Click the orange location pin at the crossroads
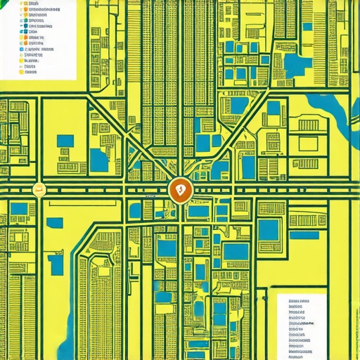(x=180, y=190)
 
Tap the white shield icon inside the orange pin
(x=180, y=189)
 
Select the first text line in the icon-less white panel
(x=300, y=300)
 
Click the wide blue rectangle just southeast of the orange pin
(x=198, y=210)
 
